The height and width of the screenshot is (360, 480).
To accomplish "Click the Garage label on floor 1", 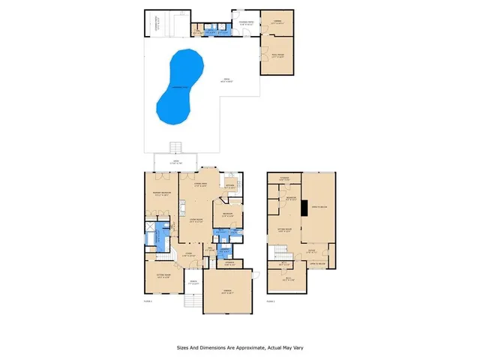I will click(225, 291).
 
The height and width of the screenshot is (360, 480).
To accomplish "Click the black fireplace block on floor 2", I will click(304, 206).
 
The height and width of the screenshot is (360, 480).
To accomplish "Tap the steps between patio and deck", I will click(177, 146).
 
